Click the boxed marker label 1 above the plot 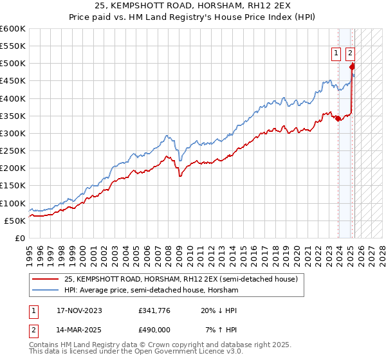click(x=336, y=54)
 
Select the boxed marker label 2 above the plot click(x=350, y=54)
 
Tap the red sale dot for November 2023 click(x=338, y=118)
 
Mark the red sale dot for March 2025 click(x=352, y=66)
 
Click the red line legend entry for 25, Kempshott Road click(x=180, y=280)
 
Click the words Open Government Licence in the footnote click(x=194, y=352)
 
